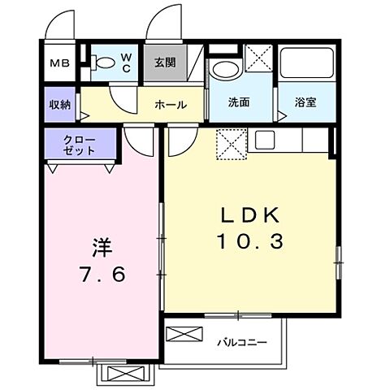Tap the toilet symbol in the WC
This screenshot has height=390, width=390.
click(x=103, y=63)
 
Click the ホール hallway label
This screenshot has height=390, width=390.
click(x=171, y=105)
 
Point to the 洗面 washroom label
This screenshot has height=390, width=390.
click(x=238, y=105)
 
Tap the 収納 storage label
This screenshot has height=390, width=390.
click(x=59, y=104)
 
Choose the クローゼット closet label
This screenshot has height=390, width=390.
click(x=80, y=145)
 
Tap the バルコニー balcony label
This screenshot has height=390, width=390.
click(x=241, y=342)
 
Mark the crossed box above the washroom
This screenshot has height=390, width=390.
click(x=258, y=57)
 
